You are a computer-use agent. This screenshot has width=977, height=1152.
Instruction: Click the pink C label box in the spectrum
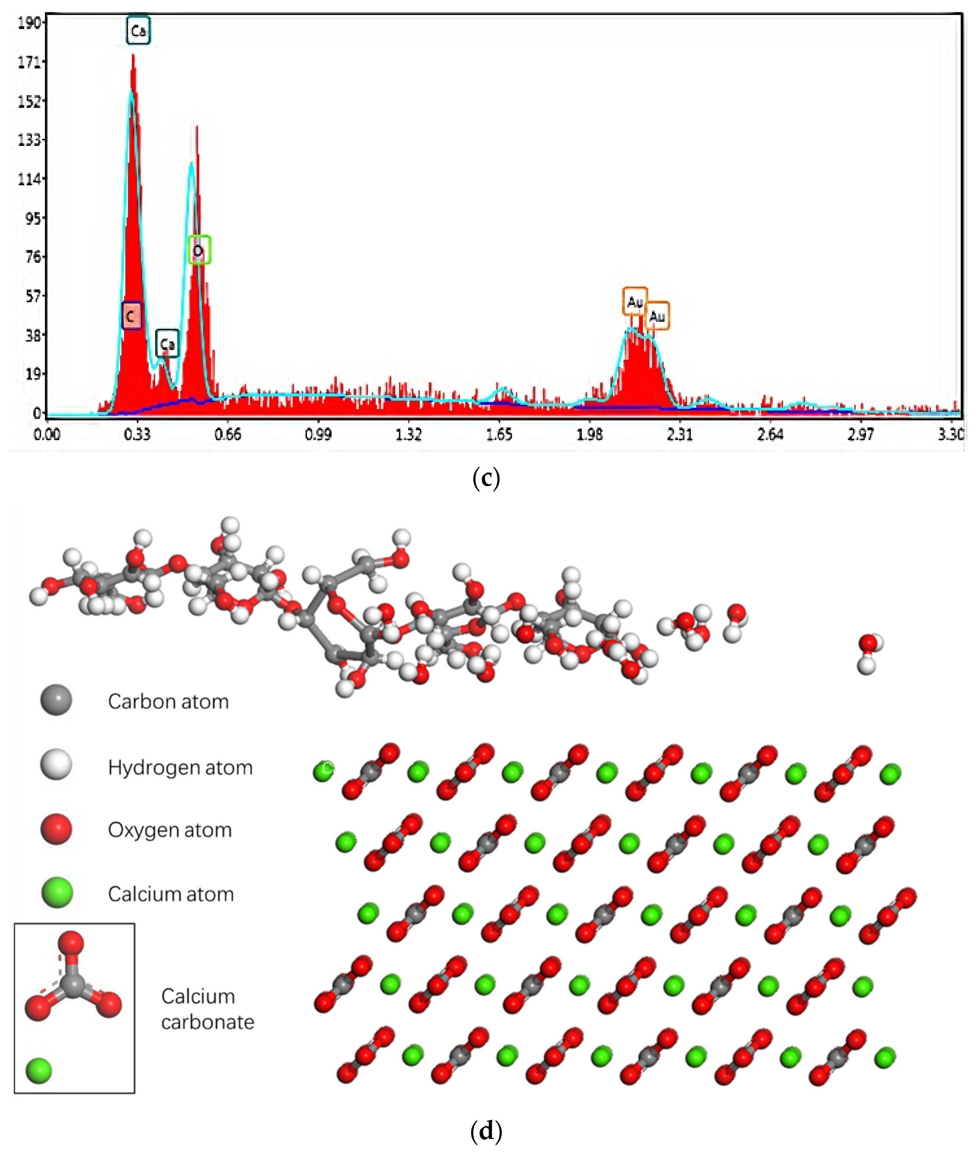coord(131,316)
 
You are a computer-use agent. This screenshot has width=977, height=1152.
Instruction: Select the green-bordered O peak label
coord(199,250)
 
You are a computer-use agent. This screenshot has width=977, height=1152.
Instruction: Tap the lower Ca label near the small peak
coord(167,344)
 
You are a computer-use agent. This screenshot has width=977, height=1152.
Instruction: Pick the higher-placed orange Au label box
coord(635,302)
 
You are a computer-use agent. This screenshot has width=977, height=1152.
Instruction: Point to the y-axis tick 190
coord(29,23)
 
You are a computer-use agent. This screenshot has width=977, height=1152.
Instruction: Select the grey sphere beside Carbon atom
coord(56,700)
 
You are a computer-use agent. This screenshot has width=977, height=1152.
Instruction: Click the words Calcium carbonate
coord(207,1009)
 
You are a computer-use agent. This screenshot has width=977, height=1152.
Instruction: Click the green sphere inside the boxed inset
coord(39,1071)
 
